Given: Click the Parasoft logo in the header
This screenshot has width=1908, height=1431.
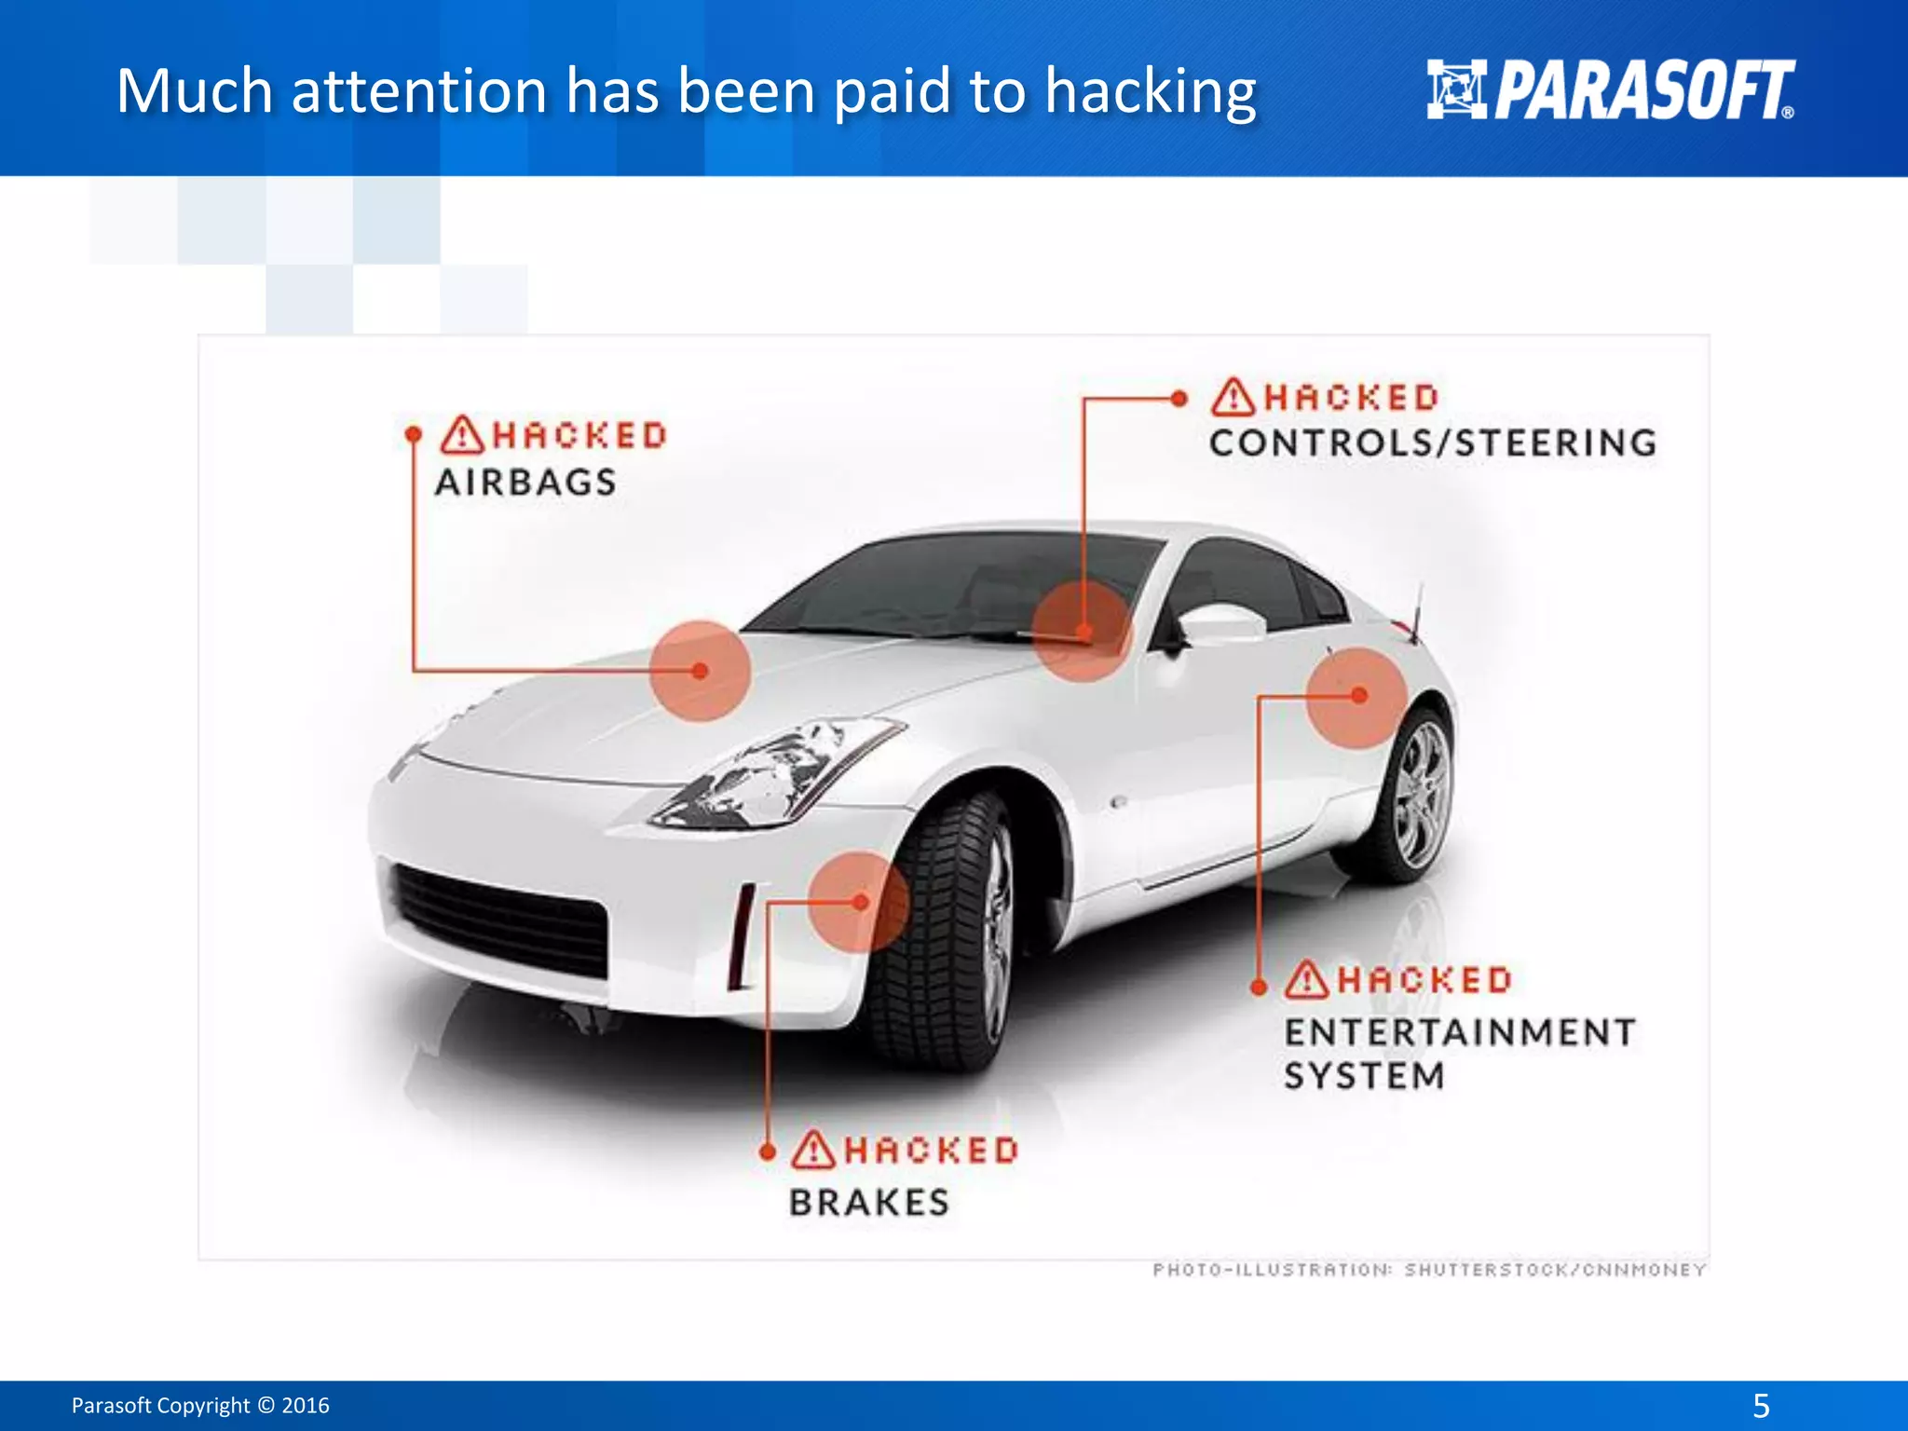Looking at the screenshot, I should (1610, 90).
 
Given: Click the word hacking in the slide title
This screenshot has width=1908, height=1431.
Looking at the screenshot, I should (1150, 92).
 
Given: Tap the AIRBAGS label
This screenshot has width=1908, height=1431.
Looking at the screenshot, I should (525, 483).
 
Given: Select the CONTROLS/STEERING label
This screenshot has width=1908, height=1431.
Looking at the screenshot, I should (1433, 443).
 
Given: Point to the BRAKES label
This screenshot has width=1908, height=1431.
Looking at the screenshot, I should (869, 1203).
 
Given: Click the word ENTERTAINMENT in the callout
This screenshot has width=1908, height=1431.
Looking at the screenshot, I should (1460, 1032).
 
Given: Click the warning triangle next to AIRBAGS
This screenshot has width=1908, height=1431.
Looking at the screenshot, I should (462, 435).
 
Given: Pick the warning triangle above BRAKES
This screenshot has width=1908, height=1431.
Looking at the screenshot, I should (813, 1150).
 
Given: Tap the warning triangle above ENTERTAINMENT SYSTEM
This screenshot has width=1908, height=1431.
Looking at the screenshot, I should (1306, 980).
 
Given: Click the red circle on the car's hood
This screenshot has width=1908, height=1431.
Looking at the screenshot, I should (700, 671).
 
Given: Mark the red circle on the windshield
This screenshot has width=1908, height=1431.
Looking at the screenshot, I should (1083, 632).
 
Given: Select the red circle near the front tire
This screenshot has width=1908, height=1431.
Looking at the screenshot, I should (858, 902).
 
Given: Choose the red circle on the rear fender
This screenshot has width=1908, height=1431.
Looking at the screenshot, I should (1356, 697).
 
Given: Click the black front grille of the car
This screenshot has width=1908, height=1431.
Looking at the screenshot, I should (501, 918).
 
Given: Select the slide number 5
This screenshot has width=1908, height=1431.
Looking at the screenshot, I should (1761, 1405).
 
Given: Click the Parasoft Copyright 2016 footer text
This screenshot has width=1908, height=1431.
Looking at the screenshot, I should (200, 1405).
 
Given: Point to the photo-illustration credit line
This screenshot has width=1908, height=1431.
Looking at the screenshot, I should (1429, 1270).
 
